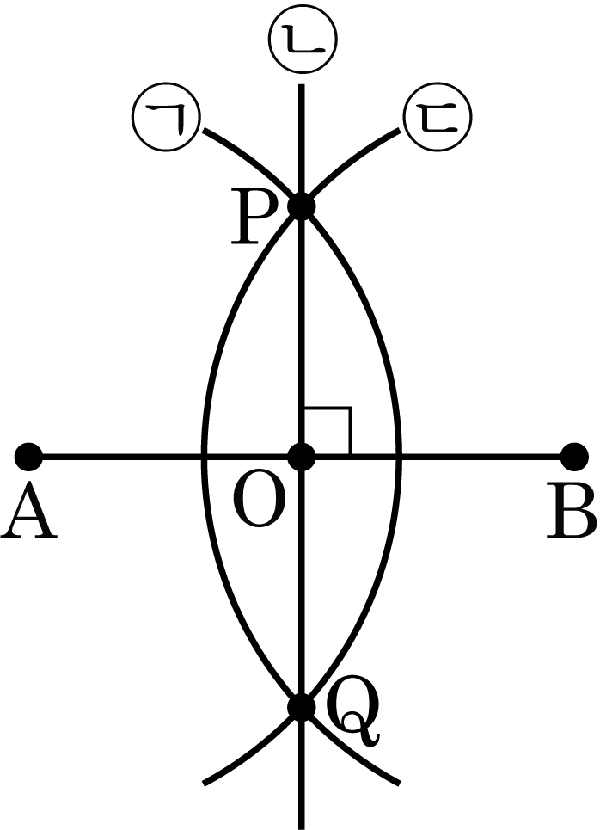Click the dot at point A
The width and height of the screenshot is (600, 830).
pos(28,457)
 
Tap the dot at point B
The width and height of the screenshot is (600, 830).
pos(574,457)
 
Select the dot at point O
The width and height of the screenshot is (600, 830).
pos(302,457)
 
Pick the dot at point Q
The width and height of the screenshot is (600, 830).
pos(302,707)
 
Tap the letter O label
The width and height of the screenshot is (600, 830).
pos(259,501)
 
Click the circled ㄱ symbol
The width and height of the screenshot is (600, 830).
pos(165,117)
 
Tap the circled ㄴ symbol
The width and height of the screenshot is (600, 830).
pos(303,39)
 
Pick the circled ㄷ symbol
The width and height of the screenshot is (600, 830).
pos(438,117)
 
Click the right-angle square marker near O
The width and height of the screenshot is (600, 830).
pos(327,431)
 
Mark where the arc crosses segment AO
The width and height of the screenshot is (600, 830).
pos(204,457)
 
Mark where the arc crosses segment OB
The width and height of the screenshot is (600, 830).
pos(399,457)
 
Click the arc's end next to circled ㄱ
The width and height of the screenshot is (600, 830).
pos(205,130)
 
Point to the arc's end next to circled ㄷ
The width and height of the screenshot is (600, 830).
pos(399,130)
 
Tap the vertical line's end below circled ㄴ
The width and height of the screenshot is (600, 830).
pos(302,84)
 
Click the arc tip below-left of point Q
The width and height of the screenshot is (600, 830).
pos(205,784)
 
